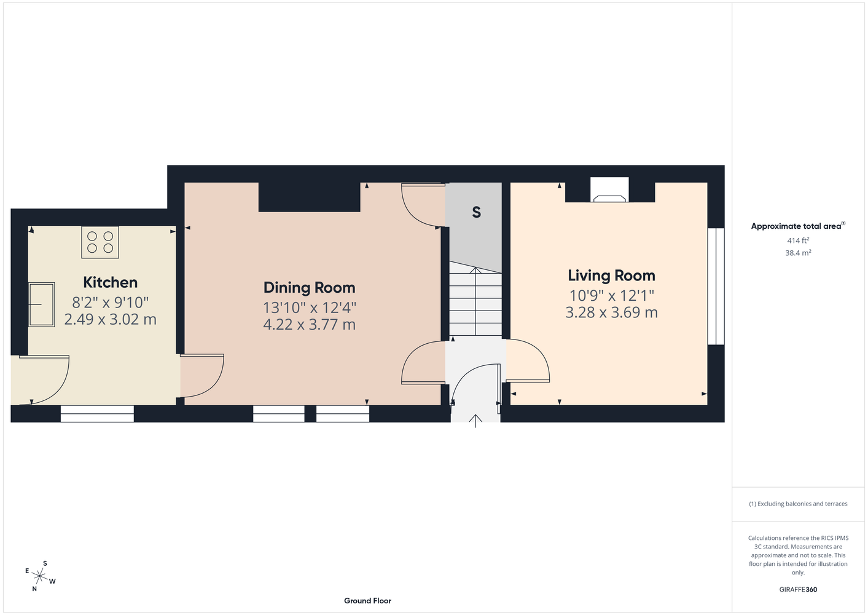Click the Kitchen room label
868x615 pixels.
(x=111, y=282)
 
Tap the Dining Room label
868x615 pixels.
(x=309, y=288)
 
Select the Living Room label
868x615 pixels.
(x=611, y=276)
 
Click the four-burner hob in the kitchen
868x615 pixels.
(x=100, y=242)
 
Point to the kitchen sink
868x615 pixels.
(x=41, y=304)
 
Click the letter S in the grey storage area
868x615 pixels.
(x=476, y=212)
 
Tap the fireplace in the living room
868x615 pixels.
(x=609, y=190)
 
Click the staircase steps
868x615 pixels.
(x=475, y=299)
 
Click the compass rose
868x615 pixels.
(x=40, y=576)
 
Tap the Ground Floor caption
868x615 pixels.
(x=367, y=601)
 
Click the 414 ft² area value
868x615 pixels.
(x=798, y=240)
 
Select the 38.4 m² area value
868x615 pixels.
(x=798, y=253)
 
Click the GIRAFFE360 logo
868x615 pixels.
(x=798, y=589)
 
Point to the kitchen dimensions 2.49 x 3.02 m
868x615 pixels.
(x=111, y=319)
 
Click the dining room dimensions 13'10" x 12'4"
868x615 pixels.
(x=309, y=307)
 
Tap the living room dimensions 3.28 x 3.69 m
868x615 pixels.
(x=611, y=312)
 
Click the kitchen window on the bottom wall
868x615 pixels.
(x=97, y=414)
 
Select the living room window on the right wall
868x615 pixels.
(x=716, y=287)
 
